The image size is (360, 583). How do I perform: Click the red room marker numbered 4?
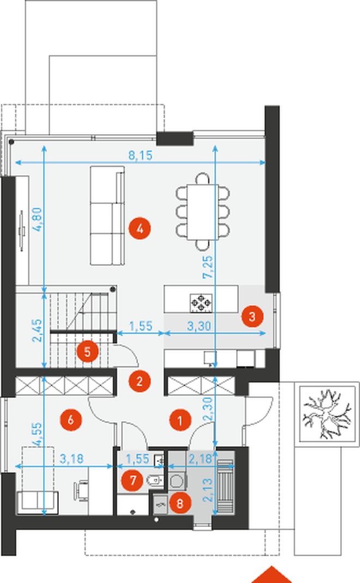140,229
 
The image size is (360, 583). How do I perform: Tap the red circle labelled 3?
252,316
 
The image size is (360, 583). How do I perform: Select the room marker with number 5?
87,351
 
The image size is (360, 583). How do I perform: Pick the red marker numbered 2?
140,381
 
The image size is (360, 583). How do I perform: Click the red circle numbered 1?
180,420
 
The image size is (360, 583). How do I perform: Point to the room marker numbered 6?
71,419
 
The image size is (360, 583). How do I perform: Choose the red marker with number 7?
133,480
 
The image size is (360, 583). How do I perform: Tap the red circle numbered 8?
180,503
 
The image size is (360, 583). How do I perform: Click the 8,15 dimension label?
141,155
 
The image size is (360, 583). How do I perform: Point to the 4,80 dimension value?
38,219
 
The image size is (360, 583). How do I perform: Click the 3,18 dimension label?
71,459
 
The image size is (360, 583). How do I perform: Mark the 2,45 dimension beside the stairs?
37,330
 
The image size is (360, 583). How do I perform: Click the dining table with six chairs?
203,212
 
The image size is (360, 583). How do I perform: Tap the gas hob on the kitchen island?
201,302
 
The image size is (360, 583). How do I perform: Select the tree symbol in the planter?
327,413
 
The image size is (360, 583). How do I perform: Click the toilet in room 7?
154,482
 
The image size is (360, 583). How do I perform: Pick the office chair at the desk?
81,490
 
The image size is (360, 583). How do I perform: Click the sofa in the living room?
107,215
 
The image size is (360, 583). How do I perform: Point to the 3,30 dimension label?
199,326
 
